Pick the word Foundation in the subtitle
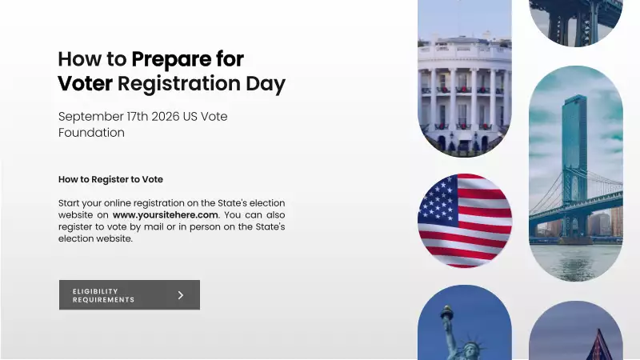point(91,133)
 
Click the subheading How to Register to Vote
point(110,179)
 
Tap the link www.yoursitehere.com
point(165,214)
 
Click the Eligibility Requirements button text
point(104,295)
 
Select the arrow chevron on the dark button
point(181,295)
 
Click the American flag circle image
point(465,220)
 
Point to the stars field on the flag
point(438,200)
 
